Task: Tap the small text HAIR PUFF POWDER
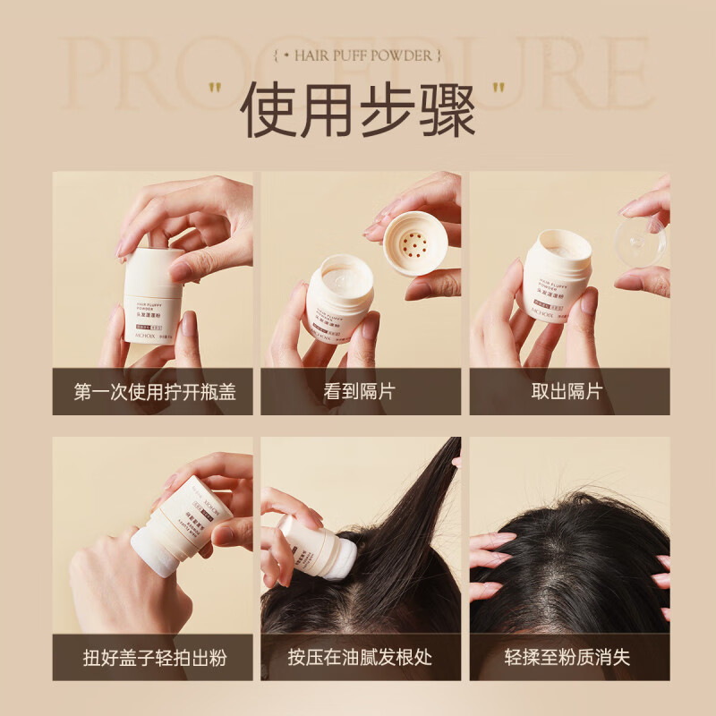coord(357,55)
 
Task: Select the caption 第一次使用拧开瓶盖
coord(155,391)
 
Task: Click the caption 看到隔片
coord(361,391)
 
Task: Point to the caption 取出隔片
coord(569,391)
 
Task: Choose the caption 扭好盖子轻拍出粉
coord(155,658)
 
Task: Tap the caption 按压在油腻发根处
coord(361,658)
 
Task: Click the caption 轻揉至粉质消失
coord(569,658)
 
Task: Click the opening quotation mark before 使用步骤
coord(215,89)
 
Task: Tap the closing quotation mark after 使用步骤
coord(499,89)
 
